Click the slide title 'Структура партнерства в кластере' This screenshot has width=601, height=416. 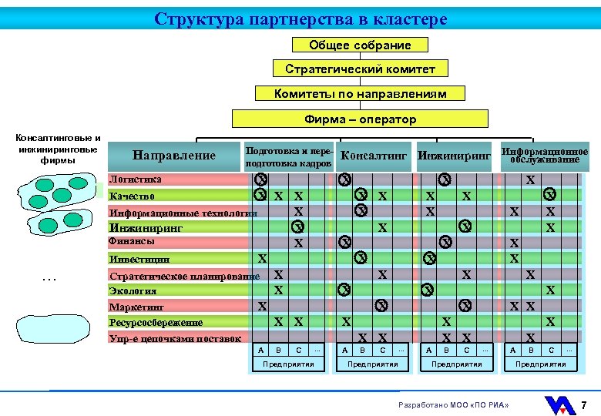coord(300,18)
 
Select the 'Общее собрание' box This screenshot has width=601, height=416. coord(360,45)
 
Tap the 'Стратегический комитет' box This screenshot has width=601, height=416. coord(360,69)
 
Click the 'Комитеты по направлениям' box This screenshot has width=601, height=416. coord(361,94)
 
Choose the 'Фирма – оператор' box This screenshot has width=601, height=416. coord(360,119)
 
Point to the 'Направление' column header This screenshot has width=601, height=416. coord(174,156)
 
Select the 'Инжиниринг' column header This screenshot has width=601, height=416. coord(454,156)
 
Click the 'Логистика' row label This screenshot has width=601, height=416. coord(136,179)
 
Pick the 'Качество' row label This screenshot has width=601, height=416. coord(133,196)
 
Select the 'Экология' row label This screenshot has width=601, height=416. coord(133,290)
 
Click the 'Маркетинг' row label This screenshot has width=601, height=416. coord(136,307)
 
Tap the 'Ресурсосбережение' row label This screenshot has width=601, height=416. coord(156,322)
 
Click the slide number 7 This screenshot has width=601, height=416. coord(584,405)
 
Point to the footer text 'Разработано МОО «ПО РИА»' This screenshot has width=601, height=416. coord(454,405)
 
